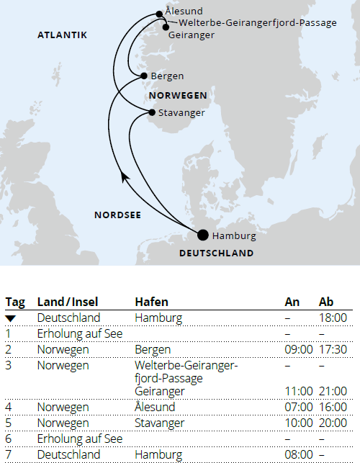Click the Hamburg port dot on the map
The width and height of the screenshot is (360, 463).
pos(203,235)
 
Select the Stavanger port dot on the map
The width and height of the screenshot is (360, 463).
pos(152,112)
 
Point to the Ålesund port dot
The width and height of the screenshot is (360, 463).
pos(159,14)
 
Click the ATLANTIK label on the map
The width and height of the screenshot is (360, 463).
pos(63,35)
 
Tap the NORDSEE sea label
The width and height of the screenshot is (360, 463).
pos(117,215)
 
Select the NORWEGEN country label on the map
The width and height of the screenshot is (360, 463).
pos(178,95)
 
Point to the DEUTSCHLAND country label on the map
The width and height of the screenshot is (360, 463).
pos(216,253)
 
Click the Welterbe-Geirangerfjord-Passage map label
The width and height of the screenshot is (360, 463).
pos(257,23)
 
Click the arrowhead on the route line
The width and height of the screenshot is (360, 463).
pos(125,177)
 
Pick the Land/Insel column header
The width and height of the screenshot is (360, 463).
pos(68,302)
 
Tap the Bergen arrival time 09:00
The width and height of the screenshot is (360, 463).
pos(299,349)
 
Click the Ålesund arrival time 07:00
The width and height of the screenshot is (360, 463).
pos(299,407)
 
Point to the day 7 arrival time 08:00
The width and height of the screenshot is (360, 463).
pos(299,454)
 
